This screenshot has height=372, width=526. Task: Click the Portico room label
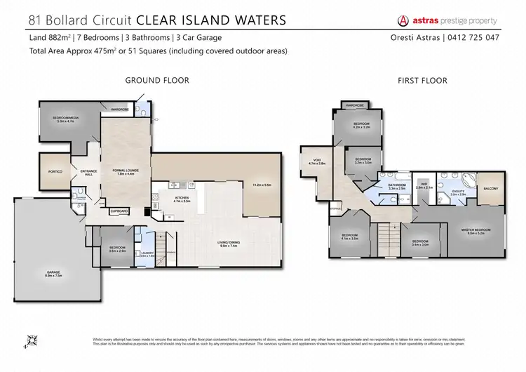coord(55,171)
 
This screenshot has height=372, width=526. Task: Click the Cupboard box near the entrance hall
coord(119,211)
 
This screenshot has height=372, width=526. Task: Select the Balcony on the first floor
coord(490,189)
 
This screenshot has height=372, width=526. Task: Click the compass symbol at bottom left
coord(30,342)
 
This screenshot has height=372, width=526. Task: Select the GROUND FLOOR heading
coord(156,81)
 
